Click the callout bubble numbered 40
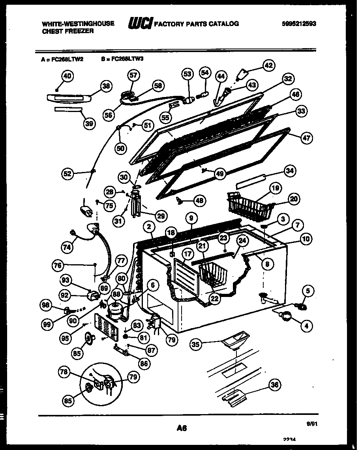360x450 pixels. [x=68, y=77]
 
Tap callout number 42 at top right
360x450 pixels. [x=269, y=66]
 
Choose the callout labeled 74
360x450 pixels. [x=67, y=247]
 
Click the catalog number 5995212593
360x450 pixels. [x=299, y=24]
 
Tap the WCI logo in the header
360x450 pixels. [x=139, y=24]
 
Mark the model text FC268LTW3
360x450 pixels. [x=127, y=59]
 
